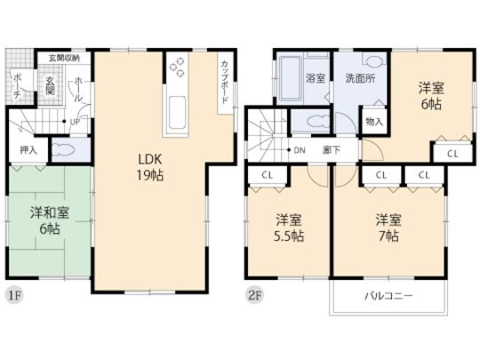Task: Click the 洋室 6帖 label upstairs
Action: [x=433, y=96]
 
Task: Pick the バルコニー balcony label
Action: [x=386, y=296]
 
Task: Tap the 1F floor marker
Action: [x=12, y=293]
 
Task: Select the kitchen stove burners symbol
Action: [x=176, y=68]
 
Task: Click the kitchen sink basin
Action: [x=176, y=110]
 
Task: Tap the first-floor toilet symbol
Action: [x=63, y=150]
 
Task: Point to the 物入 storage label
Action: [x=374, y=120]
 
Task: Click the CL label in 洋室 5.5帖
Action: [x=267, y=174]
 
